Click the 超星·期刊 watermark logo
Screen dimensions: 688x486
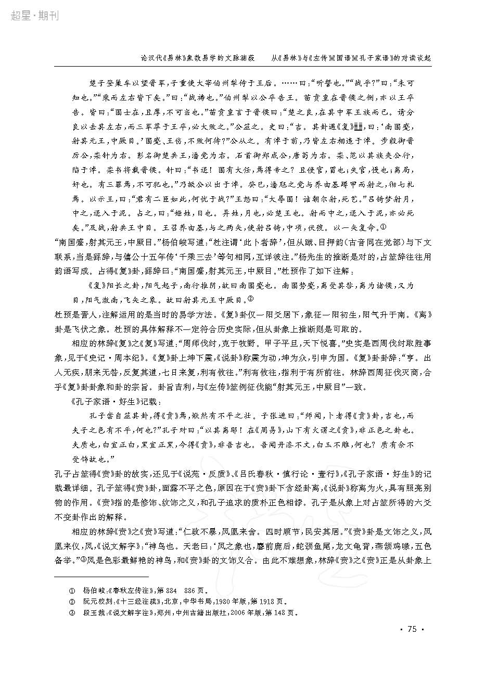point(34,15)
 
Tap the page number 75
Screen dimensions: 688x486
point(412,629)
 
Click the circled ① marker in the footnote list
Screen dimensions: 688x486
point(72,590)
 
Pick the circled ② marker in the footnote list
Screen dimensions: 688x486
point(72,602)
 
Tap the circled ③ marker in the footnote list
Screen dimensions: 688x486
point(72,613)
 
